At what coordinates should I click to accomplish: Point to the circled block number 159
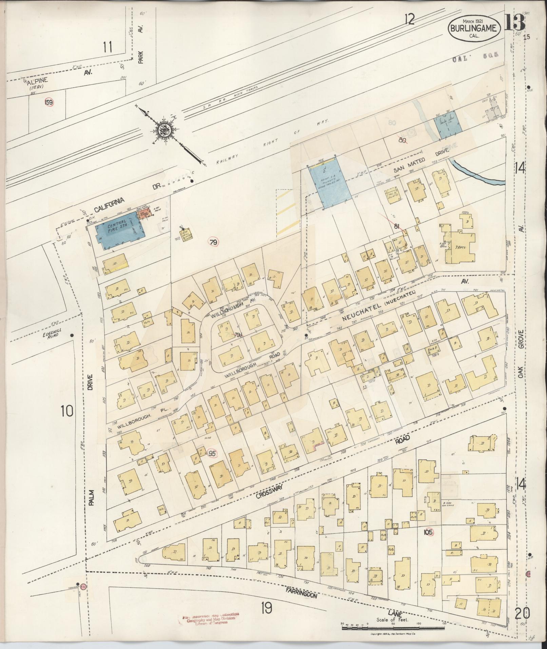[49, 101]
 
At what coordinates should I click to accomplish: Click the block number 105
[428, 542]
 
